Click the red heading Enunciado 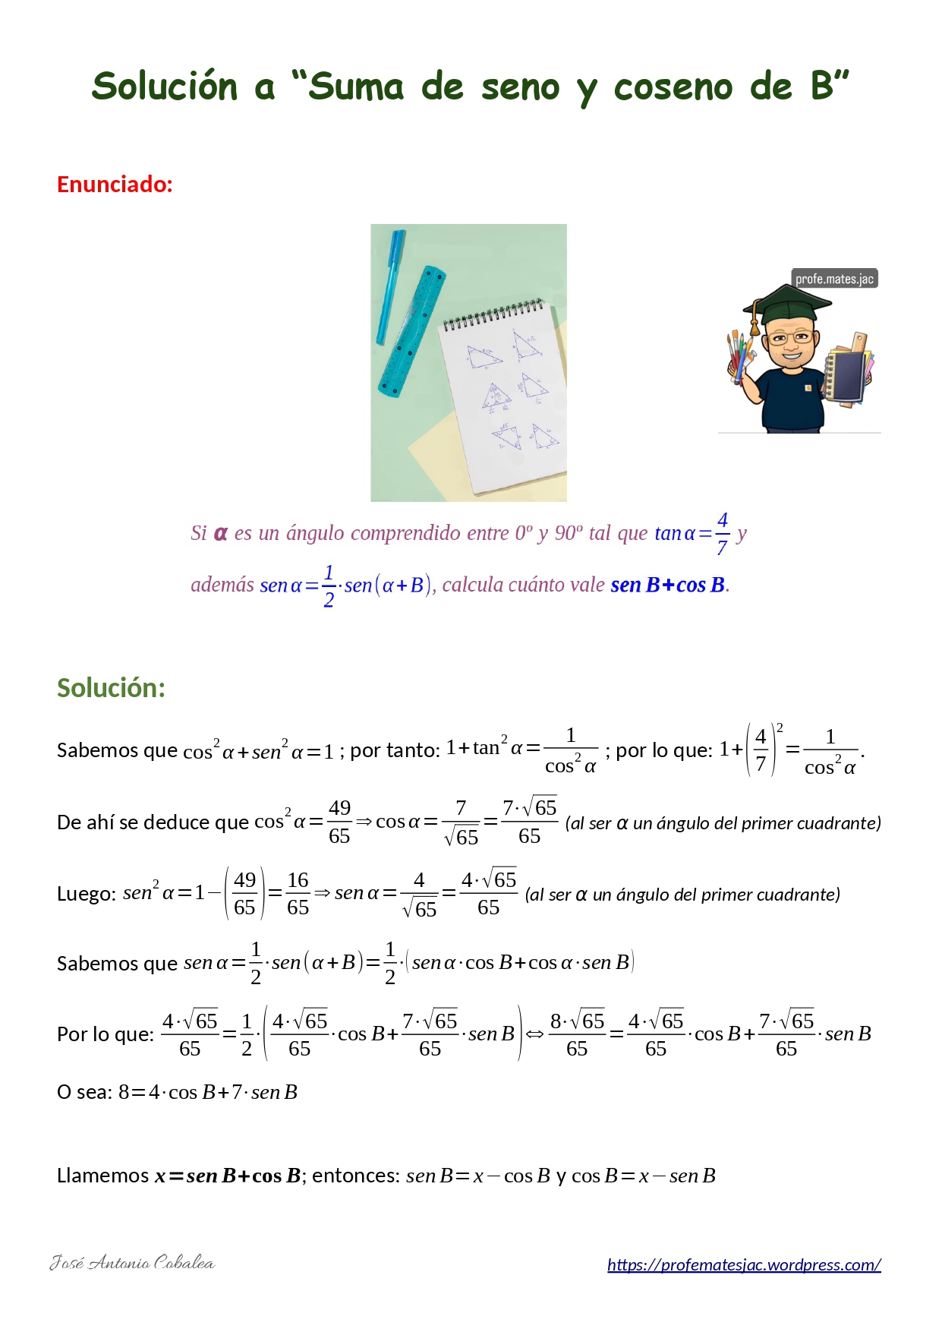coord(115,185)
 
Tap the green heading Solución coord(111,688)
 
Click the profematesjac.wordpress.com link coord(744,1264)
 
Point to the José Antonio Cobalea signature coord(132,1263)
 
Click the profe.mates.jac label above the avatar coord(834,279)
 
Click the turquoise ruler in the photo coord(412,331)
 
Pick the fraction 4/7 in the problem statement coord(722,534)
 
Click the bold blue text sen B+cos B coord(667,585)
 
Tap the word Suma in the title coord(356,87)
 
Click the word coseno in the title coord(673,87)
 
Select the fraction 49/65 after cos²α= coord(339,822)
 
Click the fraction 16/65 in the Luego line coord(298,894)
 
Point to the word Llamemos coord(102,1176)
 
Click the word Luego coord(86,894)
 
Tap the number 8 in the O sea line coord(124,1092)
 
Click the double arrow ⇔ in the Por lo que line coord(535,1034)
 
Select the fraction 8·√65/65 coord(577,1034)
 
